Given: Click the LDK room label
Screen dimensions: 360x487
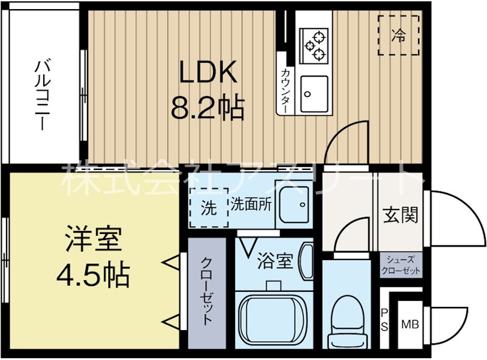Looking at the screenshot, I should (207, 73).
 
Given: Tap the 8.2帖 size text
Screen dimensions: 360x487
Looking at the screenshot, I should (207, 109).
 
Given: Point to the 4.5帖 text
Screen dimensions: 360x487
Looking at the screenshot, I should (93, 276).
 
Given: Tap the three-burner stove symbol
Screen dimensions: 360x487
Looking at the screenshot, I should (315, 45).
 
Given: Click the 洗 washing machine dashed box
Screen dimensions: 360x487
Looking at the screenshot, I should (208, 208).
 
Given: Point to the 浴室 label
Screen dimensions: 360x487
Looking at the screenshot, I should (275, 262).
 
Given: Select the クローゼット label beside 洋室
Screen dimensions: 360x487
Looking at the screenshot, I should (206, 292).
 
